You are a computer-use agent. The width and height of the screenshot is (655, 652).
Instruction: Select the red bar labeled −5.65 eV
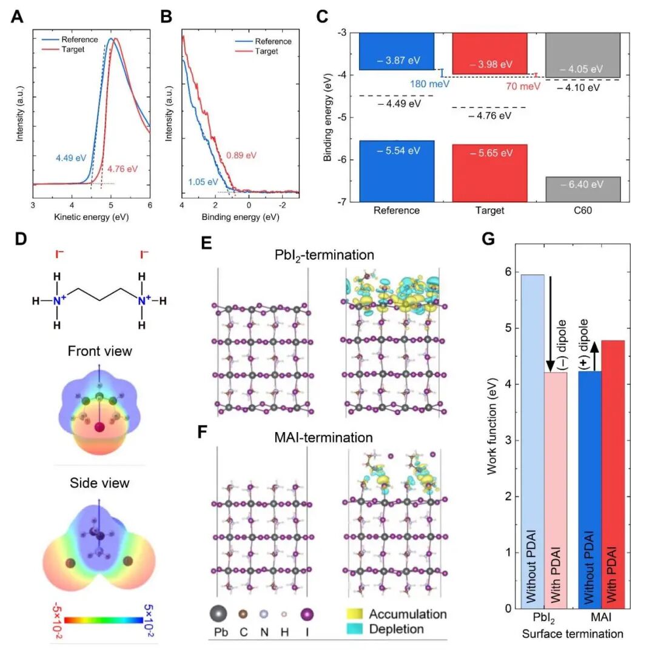[x=489, y=173]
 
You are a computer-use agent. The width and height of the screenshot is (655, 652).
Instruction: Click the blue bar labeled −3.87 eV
[x=397, y=52]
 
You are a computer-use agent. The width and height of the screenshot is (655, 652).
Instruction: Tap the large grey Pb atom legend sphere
[x=219, y=614]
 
